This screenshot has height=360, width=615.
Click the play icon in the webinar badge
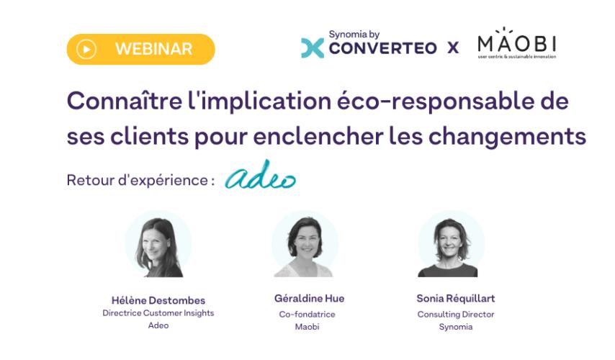pyautogui.click(x=86, y=50)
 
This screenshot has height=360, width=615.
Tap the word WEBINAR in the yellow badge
pyautogui.click(x=154, y=49)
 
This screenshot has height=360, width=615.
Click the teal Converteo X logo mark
pyautogui.click(x=313, y=48)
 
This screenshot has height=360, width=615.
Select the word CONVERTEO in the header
pyautogui.click(x=382, y=48)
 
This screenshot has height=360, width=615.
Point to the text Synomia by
pyautogui.click(x=354, y=35)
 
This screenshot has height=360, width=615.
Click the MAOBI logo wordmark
pyautogui.click(x=516, y=42)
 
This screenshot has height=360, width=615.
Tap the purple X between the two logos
pyautogui.click(x=453, y=48)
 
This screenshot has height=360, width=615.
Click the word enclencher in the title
pyautogui.click(x=318, y=137)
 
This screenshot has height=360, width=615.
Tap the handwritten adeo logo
pyautogui.click(x=260, y=174)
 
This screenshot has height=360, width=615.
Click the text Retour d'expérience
pyautogui.click(x=138, y=181)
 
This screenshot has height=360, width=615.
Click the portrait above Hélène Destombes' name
pyautogui.click(x=158, y=244)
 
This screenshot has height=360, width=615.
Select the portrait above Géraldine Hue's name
pyautogui.click(x=305, y=244)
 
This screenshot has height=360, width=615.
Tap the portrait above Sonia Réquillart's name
pyautogui.click(x=451, y=244)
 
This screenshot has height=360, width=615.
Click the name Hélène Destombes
pyautogui.click(x=158, y=300)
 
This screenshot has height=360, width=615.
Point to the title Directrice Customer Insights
pyautogui.click(x=158, y=313)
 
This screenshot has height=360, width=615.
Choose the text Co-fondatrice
pyautogui.click(x=307, y=314)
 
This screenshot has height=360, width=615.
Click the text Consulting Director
pyautogui.click(x=456, y=315)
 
